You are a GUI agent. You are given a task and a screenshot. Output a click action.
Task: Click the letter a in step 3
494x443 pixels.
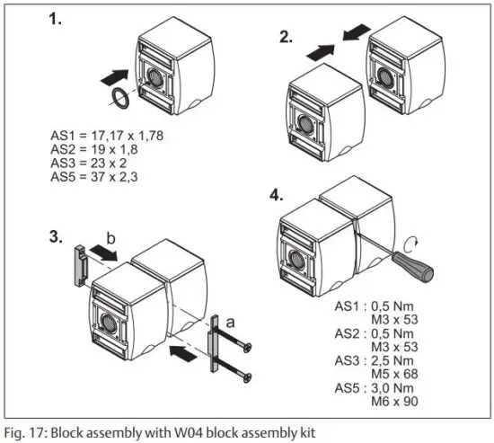[233, 319]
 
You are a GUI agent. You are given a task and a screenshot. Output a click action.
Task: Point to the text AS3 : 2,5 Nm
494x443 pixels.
[398, 361]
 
